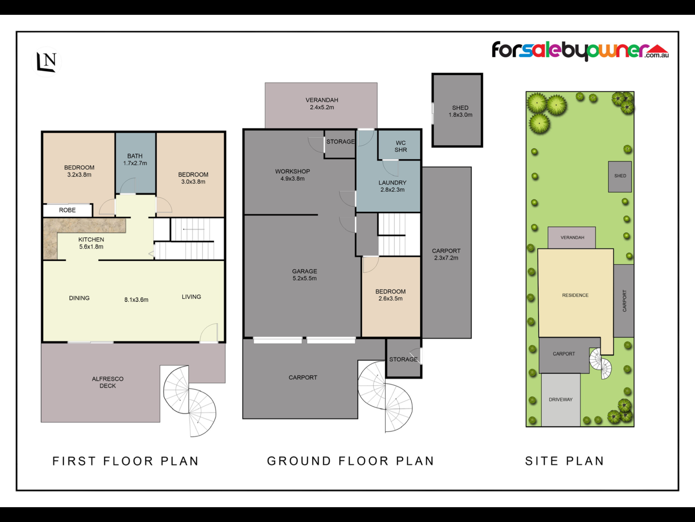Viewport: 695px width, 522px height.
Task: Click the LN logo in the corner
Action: [46, 62]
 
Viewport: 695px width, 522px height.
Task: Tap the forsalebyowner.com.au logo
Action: [580, 51]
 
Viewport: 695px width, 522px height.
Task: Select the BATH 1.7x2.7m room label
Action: [135, 159]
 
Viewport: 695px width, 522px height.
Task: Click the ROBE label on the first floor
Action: [67, 210]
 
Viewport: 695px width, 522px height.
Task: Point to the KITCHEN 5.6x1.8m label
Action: [91, 243]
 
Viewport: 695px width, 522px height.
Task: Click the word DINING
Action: [79, 298]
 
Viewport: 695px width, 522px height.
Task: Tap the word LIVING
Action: [191, 297]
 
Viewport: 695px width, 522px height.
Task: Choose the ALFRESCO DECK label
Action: [108, 382]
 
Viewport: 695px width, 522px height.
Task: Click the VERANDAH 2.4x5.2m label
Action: [322, 104]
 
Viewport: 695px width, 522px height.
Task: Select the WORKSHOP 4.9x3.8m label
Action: [292, 175]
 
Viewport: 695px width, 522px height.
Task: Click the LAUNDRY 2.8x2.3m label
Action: [392, 186]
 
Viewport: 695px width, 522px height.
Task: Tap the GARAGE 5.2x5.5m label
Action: [304, 275]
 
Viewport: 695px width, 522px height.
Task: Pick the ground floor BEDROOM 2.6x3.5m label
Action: [391, 295]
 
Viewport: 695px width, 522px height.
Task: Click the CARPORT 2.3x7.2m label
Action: [446, 254]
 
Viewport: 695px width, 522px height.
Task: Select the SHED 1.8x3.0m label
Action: [460, 111]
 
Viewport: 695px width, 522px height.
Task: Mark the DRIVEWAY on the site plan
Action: [561, 400]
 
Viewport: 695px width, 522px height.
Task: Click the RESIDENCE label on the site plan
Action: [575, 295]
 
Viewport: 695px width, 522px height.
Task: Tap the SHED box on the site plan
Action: [620, 177]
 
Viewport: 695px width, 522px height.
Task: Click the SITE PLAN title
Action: [565, 461]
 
